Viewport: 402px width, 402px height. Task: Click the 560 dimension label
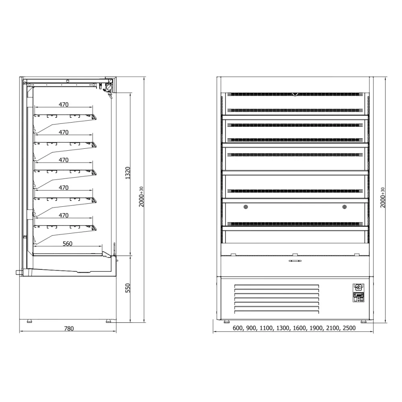(68, 244)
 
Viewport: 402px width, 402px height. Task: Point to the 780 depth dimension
(69, 328)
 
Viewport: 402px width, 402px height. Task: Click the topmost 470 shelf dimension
(64, 105)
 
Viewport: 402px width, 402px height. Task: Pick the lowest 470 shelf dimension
(64, 215)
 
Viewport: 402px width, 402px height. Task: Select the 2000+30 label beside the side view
(141, 197)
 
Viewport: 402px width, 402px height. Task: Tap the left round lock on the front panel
(246, 207)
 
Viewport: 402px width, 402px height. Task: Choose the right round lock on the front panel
(344, 207)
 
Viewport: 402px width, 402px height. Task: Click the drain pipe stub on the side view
(18, 272)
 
